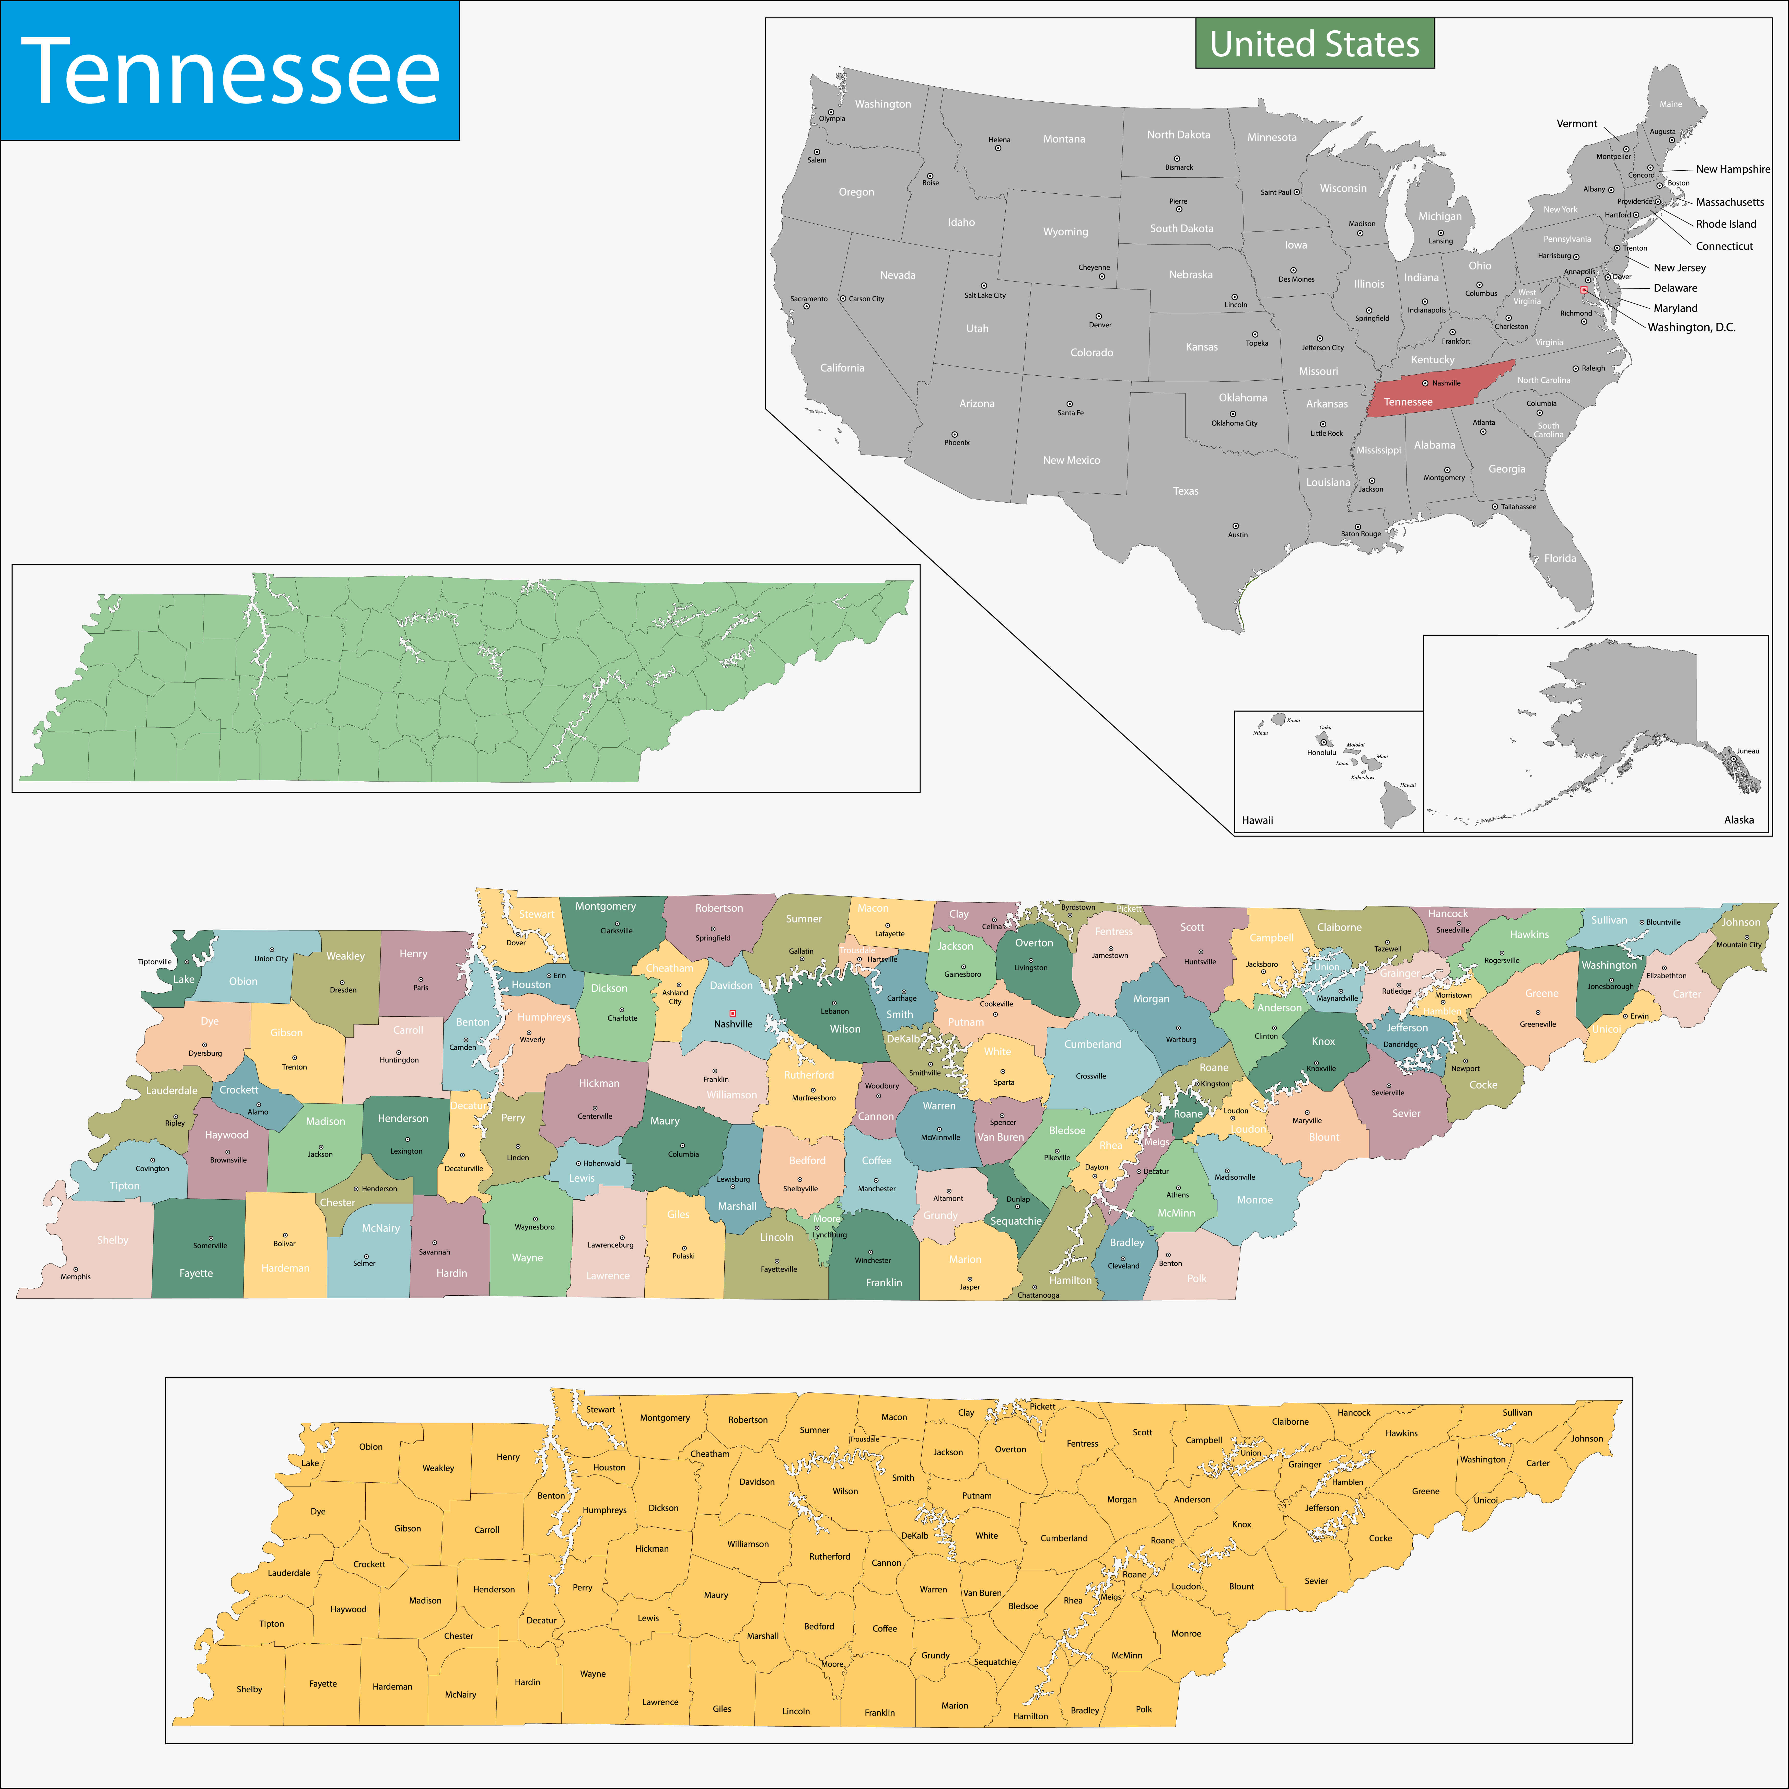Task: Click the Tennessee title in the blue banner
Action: (230, 71)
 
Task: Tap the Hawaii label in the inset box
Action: (1257, 819)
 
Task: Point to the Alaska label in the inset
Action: (1738, 819)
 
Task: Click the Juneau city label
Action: (1747, 751)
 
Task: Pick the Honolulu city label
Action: (1321, 752)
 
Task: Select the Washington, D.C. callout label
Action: (1691, 327)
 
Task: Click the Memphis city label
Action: (76, 1276)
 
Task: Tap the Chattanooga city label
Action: (1038, 1295)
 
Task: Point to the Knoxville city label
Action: (1320, 1068)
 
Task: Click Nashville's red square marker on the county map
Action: (733, 1013)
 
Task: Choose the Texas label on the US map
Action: (1185, 491)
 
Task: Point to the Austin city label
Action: (1237, 534)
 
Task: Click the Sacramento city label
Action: (808, 298)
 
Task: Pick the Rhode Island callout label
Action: (1725, 223)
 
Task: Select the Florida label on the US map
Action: (1559, 557)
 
